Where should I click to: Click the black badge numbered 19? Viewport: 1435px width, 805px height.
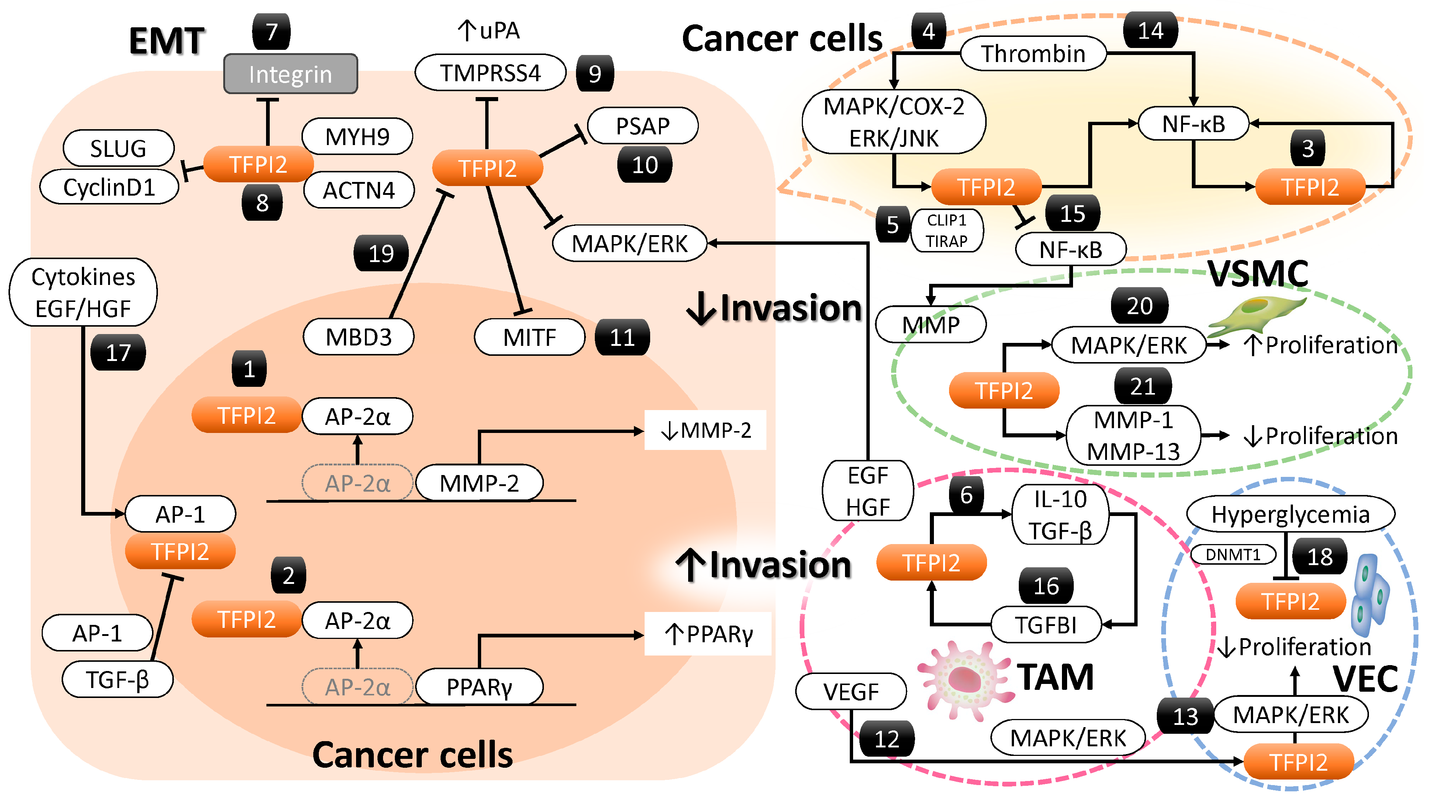pos(381,254)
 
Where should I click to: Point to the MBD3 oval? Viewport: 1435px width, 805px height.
pos(358,337)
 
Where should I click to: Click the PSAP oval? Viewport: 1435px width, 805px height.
pos(642,126)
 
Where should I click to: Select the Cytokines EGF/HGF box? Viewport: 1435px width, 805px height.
pos(83,292)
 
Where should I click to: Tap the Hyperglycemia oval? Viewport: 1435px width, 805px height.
pos(1290,514)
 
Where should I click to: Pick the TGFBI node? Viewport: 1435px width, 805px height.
pos(1046,625)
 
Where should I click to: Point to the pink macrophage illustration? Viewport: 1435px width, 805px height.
pos(964,680)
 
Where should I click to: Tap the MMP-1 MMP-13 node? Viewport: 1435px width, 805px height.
pos(1133,436)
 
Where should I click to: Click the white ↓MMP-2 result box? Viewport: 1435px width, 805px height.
pos(705,430)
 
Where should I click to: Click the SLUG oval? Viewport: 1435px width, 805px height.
pos(118,148)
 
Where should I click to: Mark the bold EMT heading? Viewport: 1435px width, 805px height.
pos(166,41)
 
